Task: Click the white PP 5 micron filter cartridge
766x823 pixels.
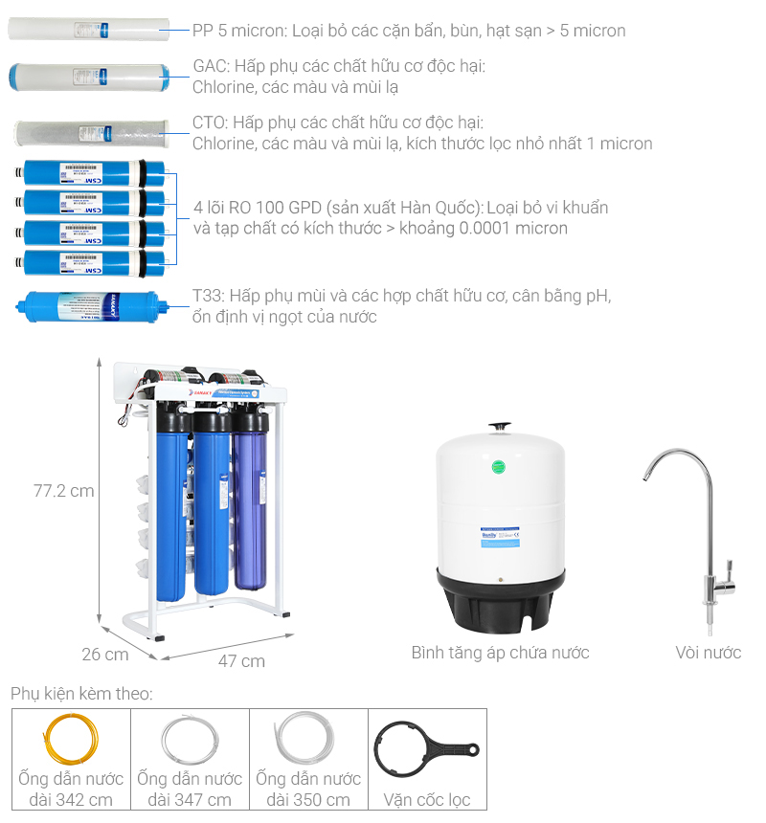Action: pyautogui.click(x=89, y=29)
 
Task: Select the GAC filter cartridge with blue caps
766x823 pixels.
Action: pyautogui.click(x=89, y=77)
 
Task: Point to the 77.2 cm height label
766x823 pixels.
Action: pyautogui.click(x=64, y=491)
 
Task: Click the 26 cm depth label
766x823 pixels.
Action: pyautogui.click(x=105, y=655)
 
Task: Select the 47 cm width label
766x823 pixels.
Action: pyautogui.click(x=241, y=661)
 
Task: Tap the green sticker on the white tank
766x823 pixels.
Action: pyautogui.click(x=497, y=468)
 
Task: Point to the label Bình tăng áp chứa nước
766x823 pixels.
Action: pyautogui.click(x=500, y=653)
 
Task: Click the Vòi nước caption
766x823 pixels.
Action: pyautogui.click(x=708, y=653)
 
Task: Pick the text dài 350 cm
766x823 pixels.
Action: pyautogui.click(x=308, y=800)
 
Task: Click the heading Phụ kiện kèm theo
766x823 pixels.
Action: pyautogui.click(x=81, y=693)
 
